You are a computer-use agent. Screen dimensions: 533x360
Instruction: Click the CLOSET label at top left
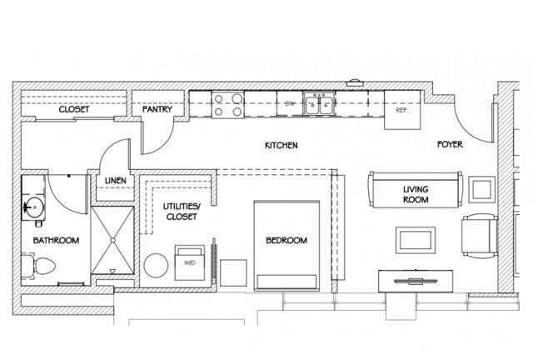click(x=74, y=109)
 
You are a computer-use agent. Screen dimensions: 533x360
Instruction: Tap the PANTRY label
click(x=157, y=109)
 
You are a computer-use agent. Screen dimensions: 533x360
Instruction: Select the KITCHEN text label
click(x=281, y=145)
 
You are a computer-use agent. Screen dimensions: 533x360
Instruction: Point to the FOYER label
click(x=450, y=144)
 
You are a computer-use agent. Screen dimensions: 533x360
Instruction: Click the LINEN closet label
click(x=116, y=181)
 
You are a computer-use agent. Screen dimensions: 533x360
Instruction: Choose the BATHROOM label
click(x=56, y=241)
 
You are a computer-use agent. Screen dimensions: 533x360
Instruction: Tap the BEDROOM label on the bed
click(x=286, y=241)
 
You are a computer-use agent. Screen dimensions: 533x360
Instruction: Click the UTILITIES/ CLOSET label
click(x=182, y=212)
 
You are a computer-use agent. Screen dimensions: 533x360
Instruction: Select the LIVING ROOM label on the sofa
click(x=416, y=194)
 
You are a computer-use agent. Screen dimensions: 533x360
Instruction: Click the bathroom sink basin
click(x=34, y=207)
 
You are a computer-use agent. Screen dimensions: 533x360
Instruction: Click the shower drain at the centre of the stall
click(x=113, y=240)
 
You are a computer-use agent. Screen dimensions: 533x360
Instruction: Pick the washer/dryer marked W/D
click(x=190, y=262)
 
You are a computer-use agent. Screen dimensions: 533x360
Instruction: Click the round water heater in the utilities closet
click(x=156, y=265)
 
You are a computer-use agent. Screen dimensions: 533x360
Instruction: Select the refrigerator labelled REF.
click(x=402, y=110)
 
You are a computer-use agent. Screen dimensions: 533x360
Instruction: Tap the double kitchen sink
click(x=319, y=104)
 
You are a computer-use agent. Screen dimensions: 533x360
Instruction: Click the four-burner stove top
click(x=227, y=105)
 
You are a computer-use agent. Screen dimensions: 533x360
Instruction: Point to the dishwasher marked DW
click(x=290, y=104)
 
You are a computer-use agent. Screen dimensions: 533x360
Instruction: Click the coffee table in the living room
click(x=416, y=240)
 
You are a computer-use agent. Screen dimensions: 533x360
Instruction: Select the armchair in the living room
click(x=480, y=236)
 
